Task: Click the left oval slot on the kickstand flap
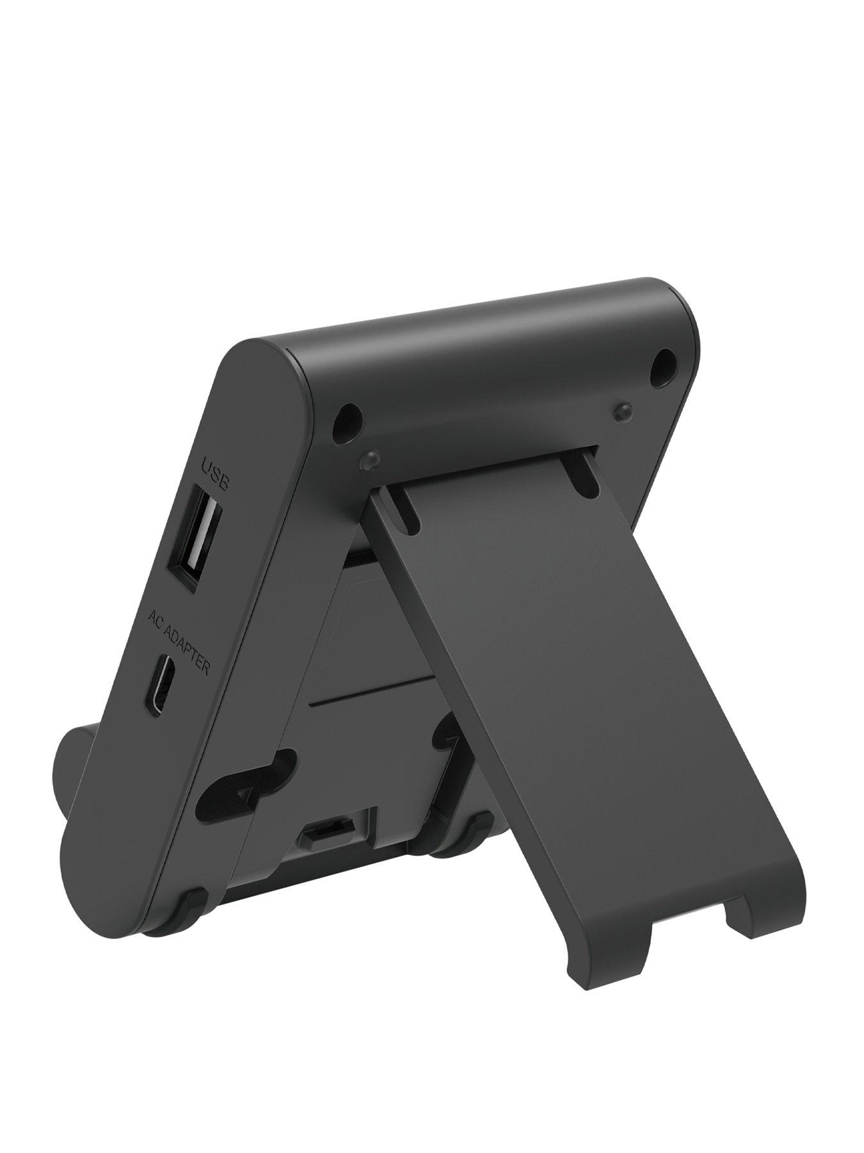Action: coord(406,506)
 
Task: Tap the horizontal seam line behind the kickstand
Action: coord(371,692)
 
